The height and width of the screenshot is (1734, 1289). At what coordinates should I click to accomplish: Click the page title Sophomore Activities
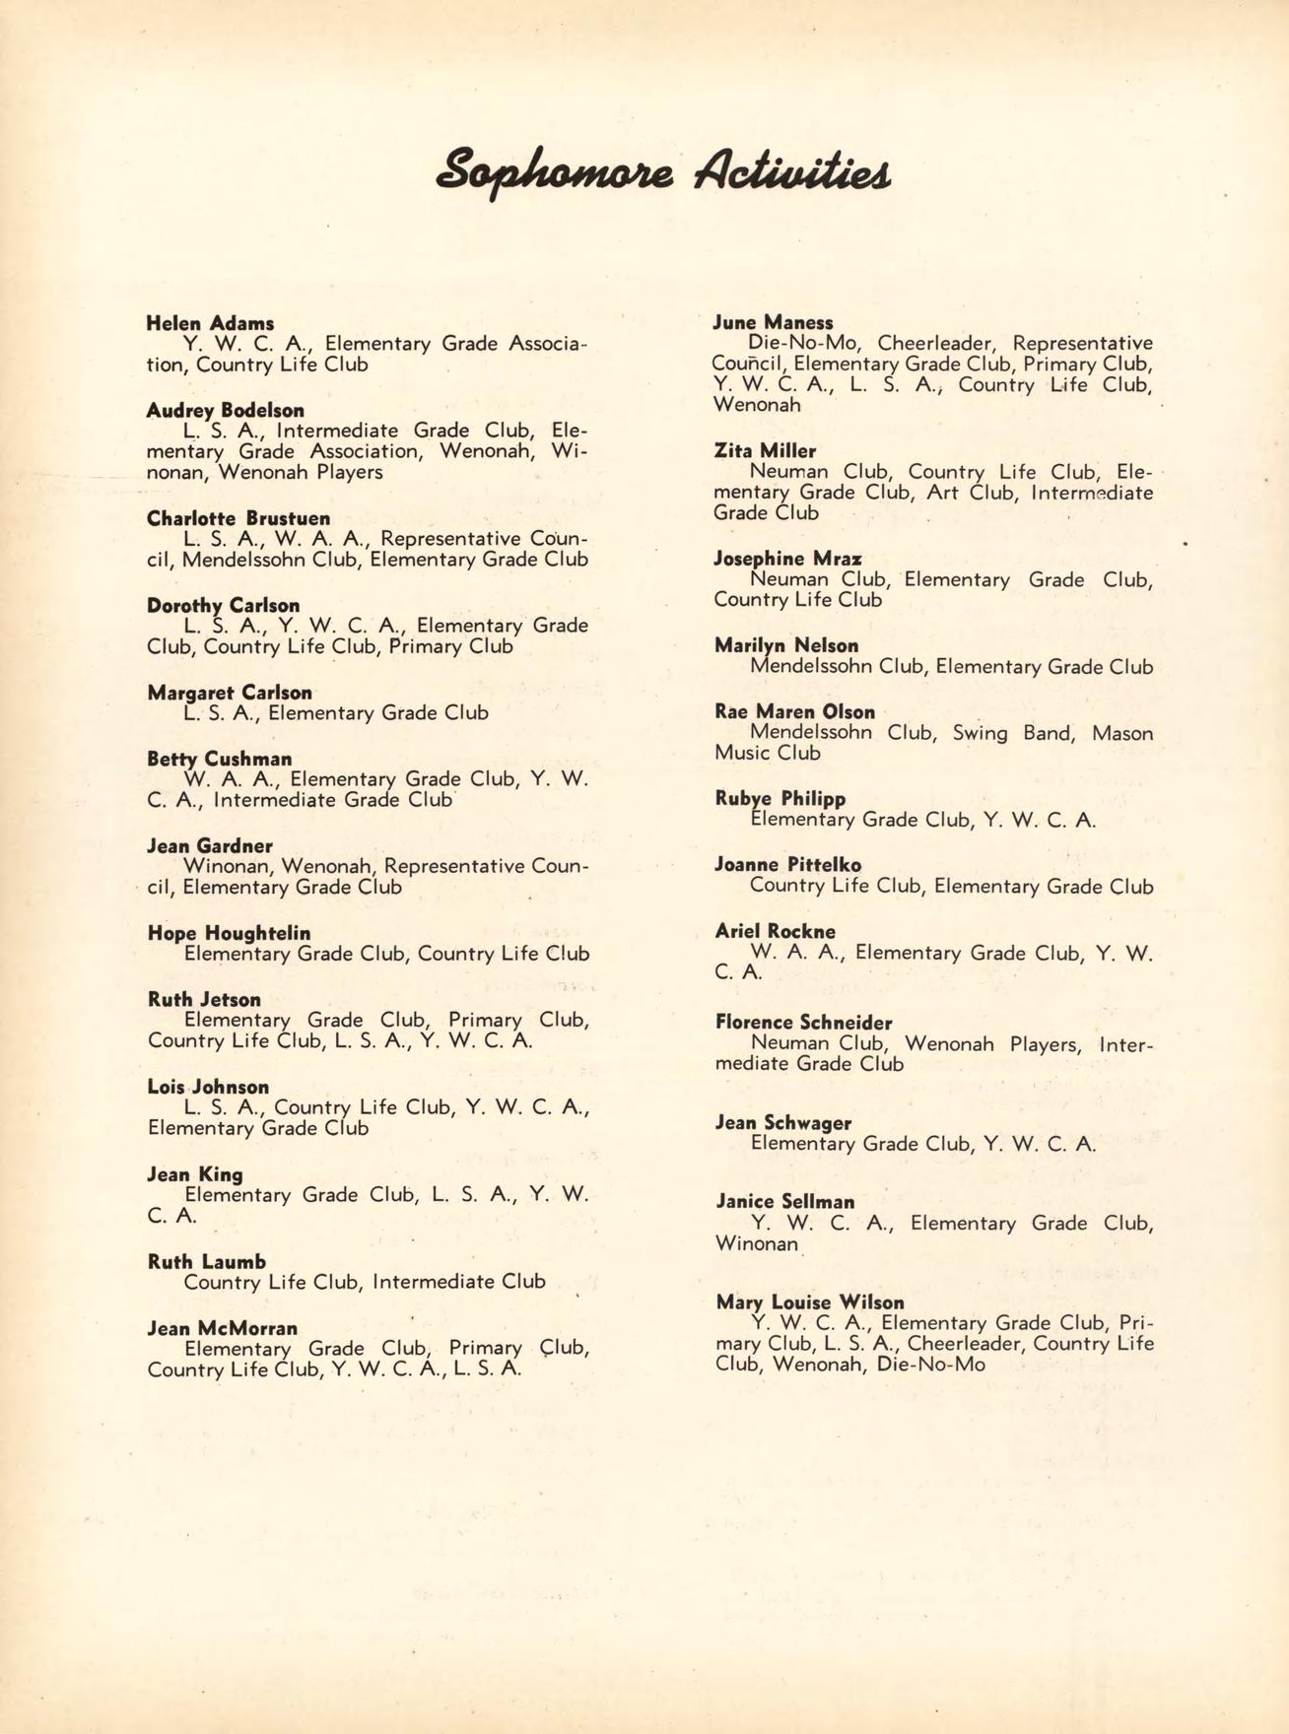coord(663,168)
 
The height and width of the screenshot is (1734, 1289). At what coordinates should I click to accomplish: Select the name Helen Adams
coord(210,323)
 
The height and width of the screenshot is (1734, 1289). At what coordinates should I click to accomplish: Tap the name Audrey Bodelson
coord(225,410)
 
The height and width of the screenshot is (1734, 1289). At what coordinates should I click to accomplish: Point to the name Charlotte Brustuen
coord(238,518)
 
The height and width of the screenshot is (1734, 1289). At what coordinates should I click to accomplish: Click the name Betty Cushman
coord(219,759)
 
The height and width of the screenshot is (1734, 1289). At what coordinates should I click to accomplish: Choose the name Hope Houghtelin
coord(229,933)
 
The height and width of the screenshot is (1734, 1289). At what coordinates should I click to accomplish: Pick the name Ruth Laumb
coord(206,1261)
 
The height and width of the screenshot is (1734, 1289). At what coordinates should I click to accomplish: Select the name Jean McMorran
coord(222,1328)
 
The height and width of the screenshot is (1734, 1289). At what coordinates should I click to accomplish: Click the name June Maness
coord(774,322)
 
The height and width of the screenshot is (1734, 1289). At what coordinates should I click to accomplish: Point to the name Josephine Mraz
coord(787,559)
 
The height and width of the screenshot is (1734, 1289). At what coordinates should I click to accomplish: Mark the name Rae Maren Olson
coord(794,711)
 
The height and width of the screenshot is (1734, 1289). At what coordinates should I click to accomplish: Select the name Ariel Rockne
coord(775,931)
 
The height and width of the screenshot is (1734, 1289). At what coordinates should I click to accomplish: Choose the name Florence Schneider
coord(803,1023)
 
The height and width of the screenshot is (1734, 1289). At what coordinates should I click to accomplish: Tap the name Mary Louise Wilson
coord(809,1301)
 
